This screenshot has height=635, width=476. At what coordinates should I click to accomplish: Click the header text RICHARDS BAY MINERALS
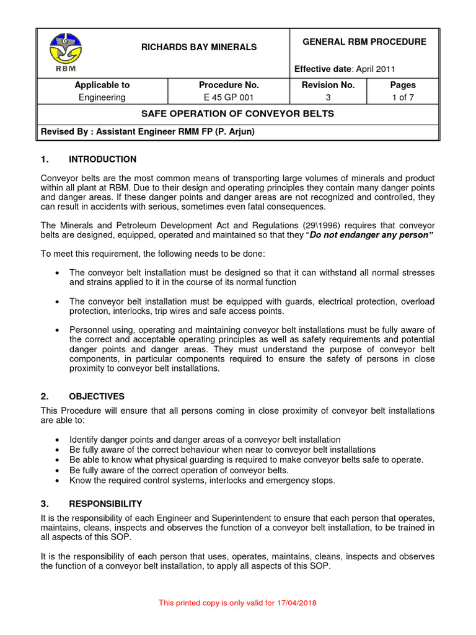coord(200,47)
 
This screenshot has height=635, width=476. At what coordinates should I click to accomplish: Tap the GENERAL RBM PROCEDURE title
coord(364,42)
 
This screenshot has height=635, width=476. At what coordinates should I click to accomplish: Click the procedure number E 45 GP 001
coord(229,97)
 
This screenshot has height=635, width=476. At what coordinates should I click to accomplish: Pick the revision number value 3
coord(328,97)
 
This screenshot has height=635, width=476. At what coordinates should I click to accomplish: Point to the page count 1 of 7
coord(402,97)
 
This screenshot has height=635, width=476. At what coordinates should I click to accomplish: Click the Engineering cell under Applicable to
coord(102,97)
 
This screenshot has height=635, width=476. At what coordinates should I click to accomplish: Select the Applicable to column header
coord(102,85)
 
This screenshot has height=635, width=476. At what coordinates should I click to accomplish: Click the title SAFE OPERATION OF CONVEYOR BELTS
coord(238,113)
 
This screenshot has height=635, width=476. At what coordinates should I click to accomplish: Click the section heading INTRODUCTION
coord(102,159)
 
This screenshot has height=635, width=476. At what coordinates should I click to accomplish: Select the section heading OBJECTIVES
coord(97,396)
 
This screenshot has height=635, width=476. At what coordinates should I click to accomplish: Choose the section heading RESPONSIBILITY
coord(105,504)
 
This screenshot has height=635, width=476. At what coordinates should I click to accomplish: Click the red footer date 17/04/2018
coord(295,602)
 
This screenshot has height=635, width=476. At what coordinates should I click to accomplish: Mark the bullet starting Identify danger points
coord(58,439)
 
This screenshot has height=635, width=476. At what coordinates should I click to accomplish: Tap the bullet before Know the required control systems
coord(58,480)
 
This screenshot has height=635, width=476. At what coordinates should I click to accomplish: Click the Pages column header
coord(402,85)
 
